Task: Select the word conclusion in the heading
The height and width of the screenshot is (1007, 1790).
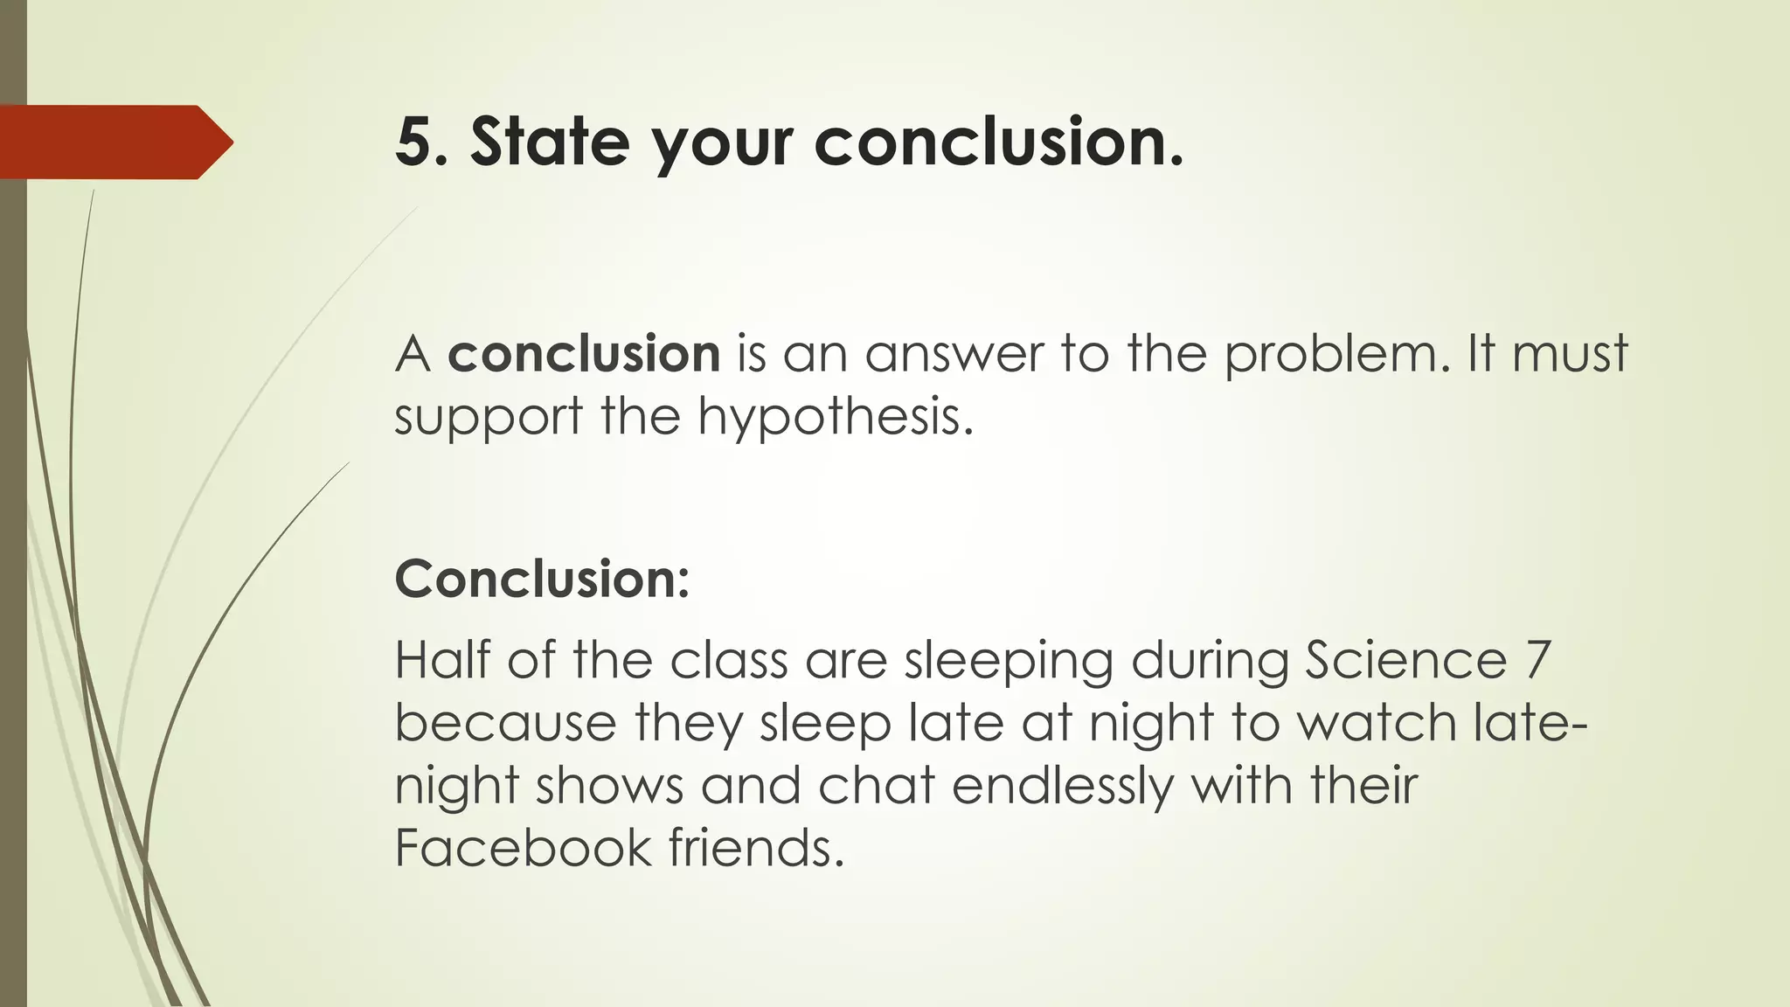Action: click(x=998, y=142)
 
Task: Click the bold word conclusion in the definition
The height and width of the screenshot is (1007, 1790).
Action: click(x=584, y=354)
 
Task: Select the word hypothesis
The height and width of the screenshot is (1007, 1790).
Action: click(x=835, y=418)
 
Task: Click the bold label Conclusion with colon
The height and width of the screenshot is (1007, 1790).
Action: click(x=542, y=579)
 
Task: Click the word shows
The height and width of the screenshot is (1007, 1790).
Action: click(x=609, y=785)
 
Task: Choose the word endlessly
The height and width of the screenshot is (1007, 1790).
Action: click(x=1062, y=787)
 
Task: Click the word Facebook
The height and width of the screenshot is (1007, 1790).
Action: click(x=523, y=848)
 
